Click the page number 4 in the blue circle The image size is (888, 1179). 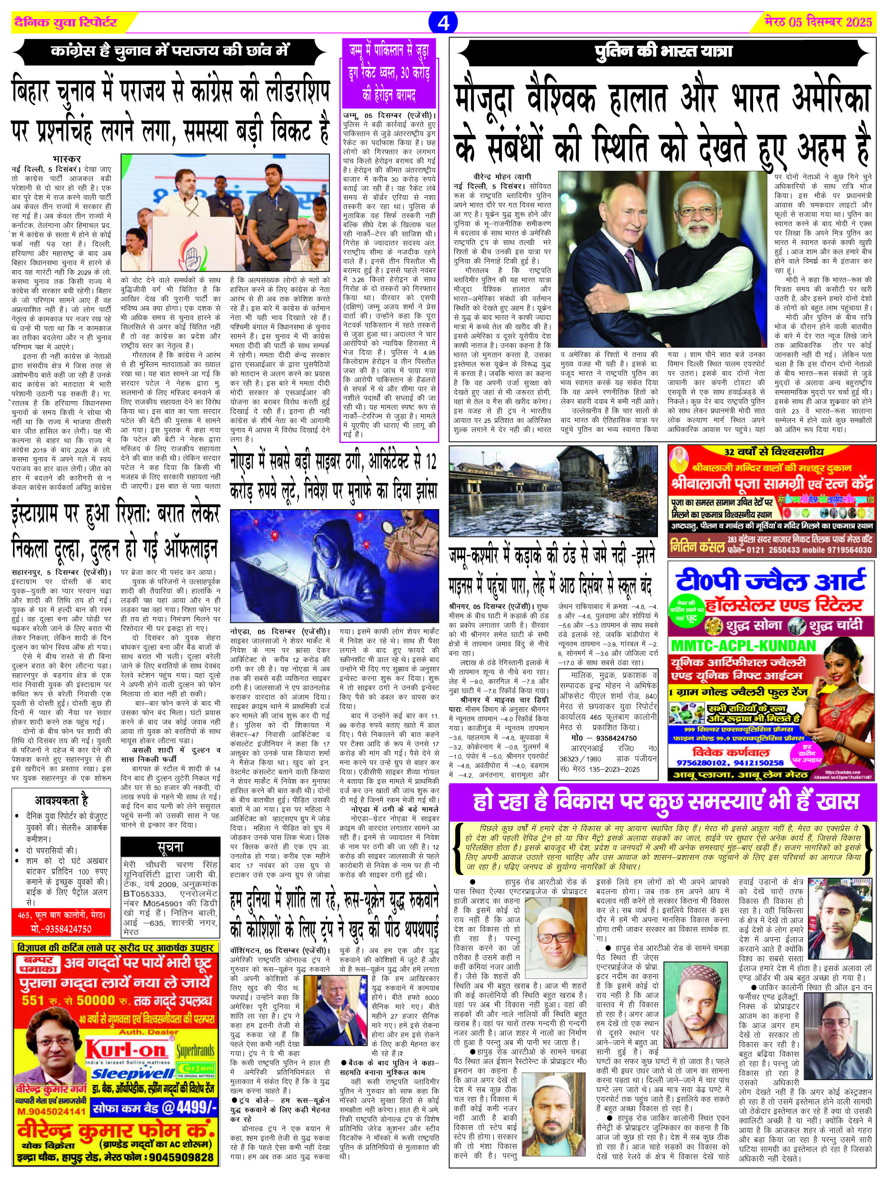pyautogui.click(x=443, y=23)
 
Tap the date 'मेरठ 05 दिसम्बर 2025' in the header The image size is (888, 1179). pyautogui.click(x=818, y=23)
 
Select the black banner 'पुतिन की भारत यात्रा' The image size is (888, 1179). pyautogui.click(x=663, y=52)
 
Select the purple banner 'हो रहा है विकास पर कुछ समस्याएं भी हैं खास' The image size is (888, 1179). pyautogui.click(x=662, y=802)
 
